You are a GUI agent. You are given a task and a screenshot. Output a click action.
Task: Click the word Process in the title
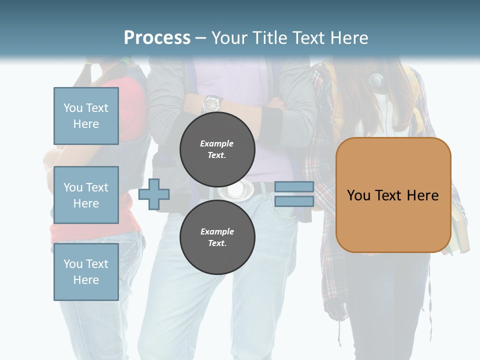(x=157, y=38)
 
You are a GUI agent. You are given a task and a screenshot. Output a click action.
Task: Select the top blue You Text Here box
(x=86, y=116)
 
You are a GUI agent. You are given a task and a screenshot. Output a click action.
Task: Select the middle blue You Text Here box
(x=86, y=195)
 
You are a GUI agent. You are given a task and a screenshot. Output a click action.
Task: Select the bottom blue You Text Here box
(x=86, y=271)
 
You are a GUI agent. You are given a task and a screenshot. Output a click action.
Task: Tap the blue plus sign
(x=154, y=194)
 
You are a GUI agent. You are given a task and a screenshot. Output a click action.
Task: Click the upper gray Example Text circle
(x=217, y=149)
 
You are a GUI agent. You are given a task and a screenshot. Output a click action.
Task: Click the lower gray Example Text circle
(x=217, y=237)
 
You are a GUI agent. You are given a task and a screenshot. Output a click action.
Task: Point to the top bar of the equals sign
(x=294, y=186)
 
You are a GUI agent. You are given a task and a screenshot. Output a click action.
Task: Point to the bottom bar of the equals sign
(x=294, y=201)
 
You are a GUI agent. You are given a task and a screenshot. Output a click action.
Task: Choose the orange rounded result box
(x=393, y=195)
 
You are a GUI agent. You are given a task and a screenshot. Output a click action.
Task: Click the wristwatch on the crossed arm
(x=211, y=103)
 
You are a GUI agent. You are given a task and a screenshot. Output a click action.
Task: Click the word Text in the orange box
(x=393, y=195)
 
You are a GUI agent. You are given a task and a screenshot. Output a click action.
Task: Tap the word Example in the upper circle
(x=216, y=143)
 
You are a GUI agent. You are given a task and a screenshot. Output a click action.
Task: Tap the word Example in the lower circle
(x=217, y=231)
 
